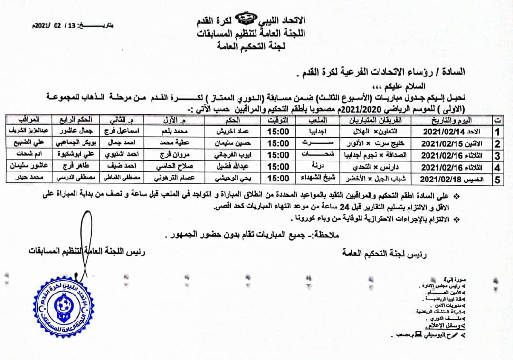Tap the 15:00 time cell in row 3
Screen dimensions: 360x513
[x=278, y=155]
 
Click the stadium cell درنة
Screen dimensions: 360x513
[x=312, y=167]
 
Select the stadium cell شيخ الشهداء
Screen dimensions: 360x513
[x=312, y=179]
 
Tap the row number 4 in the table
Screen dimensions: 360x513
[x=497, y=168]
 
